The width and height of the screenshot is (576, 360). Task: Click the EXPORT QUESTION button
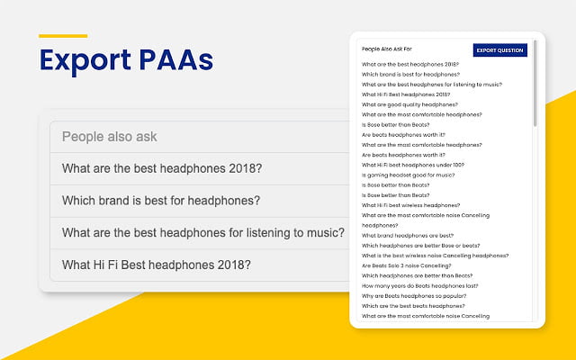[500, 50]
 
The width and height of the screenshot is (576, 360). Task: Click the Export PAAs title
[126, 60]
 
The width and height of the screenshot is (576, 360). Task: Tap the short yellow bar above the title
[63, 36]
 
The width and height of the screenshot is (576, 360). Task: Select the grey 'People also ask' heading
[110, 137]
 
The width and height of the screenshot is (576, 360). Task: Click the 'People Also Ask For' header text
[386, 49]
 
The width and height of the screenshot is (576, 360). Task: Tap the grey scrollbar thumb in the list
[535, 84]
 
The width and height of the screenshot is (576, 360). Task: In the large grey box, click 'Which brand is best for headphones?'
[161, 201]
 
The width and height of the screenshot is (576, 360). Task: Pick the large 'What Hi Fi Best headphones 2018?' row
[156, 265]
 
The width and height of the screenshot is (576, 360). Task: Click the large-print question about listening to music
[203, 233]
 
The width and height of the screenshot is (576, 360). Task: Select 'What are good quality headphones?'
[409, 104]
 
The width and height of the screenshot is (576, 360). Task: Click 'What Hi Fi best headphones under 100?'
[413, 165]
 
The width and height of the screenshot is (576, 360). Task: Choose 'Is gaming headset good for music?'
[408, 175]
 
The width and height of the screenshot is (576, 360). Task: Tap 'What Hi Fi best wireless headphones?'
[410, 205]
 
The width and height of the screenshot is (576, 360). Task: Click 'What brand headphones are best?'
[408, 236]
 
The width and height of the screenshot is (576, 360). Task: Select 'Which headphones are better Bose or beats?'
[420, 246]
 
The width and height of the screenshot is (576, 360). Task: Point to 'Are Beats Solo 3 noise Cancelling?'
[406, 265]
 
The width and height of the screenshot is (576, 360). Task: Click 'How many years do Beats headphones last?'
[420, 286]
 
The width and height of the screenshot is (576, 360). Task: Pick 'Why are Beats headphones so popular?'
[414, 296]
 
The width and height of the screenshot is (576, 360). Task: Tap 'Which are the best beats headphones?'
[413, 306]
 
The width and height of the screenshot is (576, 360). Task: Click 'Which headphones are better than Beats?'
[418, 276]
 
